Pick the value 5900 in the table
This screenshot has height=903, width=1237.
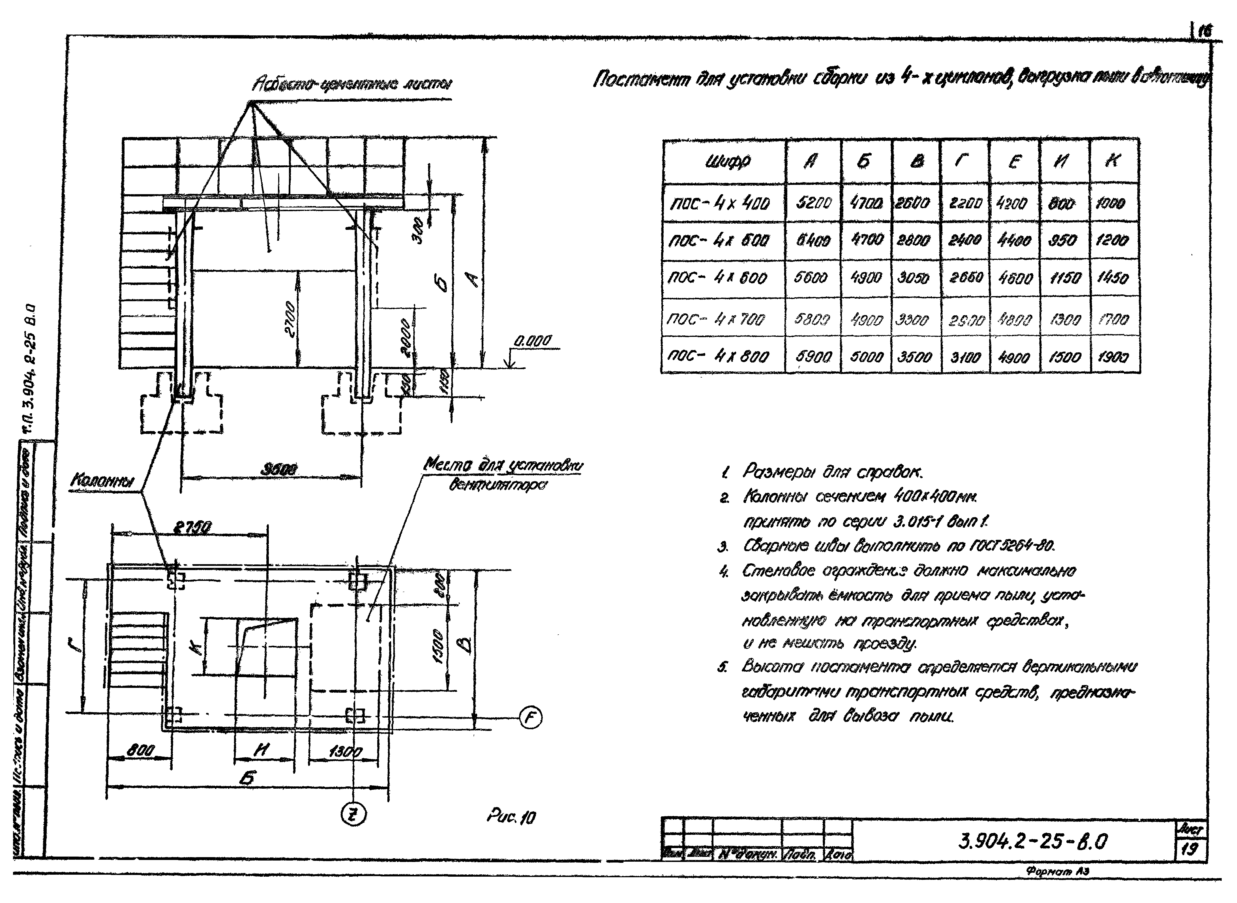(813, 357)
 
